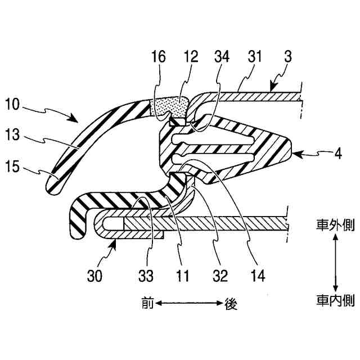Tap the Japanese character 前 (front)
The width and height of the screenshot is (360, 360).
(147, 304)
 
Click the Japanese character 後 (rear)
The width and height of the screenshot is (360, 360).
(231, 304)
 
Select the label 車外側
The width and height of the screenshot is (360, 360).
(335, 227)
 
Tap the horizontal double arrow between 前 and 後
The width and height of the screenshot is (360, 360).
(189, 304)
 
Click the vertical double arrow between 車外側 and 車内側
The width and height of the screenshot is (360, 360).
(335, 263)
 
